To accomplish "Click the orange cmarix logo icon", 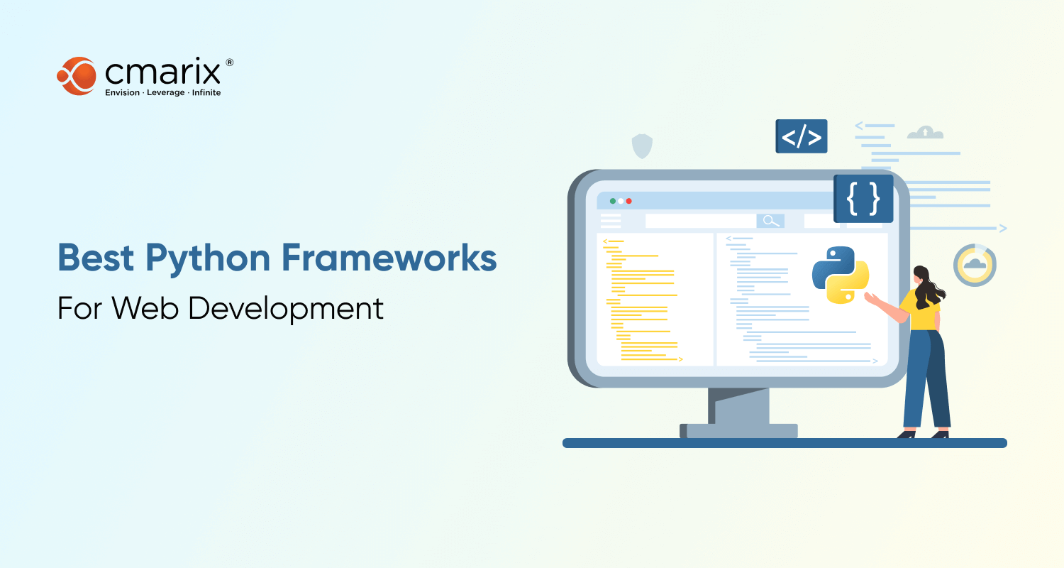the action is (x=77, y=76).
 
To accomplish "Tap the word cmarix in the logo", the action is (x=162, y=72).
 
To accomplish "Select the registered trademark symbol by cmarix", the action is (x=229, y=62).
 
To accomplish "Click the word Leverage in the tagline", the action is (x=166, y=93).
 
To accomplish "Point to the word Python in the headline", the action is (x=208, y=259).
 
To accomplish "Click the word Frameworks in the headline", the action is (x=389, y=258).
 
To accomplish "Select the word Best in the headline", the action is (x=96, y=258).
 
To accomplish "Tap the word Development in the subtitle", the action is (x=285, y=309).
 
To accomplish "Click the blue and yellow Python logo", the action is (x=841, y=275).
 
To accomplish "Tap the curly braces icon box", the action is (x=863, y=199).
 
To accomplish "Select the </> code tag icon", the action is (x=802, y=136).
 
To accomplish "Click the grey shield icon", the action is (x=642, y=146).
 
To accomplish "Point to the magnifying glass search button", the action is (x=770, y=221).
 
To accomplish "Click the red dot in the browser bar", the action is (x=629, y=201).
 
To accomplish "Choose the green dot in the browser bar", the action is (x=613, y=201).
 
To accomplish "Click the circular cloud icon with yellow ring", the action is (x=975, y=266).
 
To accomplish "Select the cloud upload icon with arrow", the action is (x=925, y=133).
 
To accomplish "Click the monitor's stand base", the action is (x=739, y=431).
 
